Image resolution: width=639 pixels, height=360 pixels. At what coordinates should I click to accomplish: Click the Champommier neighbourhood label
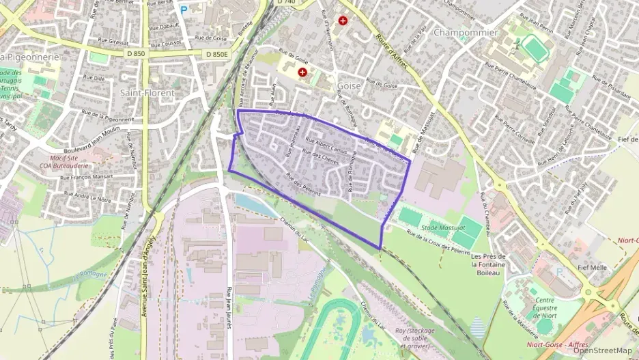(x=466, y=33)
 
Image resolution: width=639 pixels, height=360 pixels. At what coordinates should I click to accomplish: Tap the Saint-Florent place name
(x=147, y=92)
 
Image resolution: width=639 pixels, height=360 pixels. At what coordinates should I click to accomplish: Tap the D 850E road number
(x=216, y=54)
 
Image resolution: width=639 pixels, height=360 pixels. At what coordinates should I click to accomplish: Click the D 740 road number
(x=286, y=3)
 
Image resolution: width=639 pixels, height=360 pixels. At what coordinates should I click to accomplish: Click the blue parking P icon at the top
(x=183, y=10)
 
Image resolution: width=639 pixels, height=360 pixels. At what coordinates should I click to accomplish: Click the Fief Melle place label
(x=592, y=268)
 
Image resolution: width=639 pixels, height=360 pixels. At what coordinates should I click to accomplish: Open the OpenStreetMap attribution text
(x=602, y=350)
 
